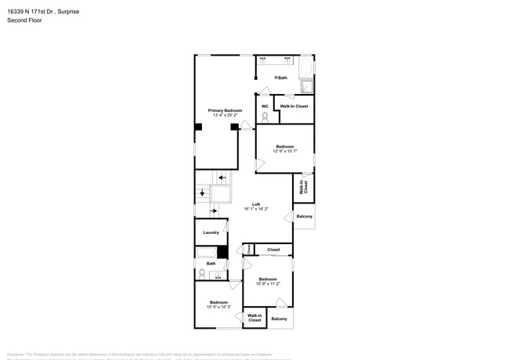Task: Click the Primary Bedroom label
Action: (225, 111)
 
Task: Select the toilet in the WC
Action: (265, 117)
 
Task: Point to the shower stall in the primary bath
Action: (308, 86)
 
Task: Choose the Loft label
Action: (256, 204)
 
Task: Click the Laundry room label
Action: (211, 232)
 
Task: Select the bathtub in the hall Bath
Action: (206, 252)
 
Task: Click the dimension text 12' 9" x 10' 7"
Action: (284, 151)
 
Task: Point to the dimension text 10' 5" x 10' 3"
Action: (218, 307)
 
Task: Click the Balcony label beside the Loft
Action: (304, 216)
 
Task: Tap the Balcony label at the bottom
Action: (279, 319)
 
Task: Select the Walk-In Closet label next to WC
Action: (294, 106)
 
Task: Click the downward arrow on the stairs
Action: (202, 192)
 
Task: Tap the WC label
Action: (265, 106)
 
